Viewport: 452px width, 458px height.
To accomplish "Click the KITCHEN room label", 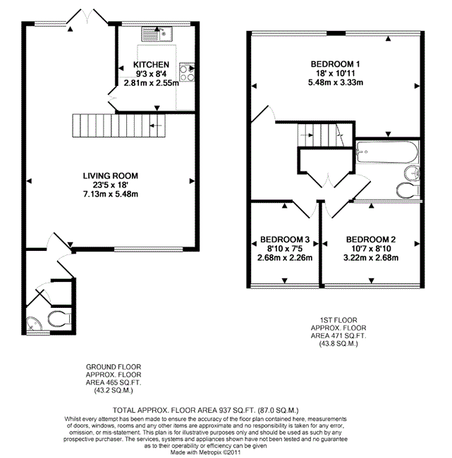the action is tap(151, 65).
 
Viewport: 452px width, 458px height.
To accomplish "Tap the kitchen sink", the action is tap(157, 34).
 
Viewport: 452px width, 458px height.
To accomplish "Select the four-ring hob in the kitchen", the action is tap(187, 72).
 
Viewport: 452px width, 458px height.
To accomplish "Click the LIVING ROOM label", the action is tap(110, 176).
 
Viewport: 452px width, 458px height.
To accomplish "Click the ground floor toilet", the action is tap(60, 318).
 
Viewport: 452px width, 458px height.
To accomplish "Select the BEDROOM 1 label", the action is tap(336, 64).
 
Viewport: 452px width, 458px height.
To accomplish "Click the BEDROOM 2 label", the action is tap(371, 240).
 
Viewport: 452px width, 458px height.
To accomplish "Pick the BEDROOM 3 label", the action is tap(285, 240).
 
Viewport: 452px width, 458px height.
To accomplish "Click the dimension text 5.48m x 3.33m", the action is tap(336, 82).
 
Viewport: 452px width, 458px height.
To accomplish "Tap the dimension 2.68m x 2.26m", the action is tap(285, 258).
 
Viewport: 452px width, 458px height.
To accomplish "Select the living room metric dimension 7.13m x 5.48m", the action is tap(111, 194).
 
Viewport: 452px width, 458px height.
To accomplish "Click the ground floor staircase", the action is tap(118, 125).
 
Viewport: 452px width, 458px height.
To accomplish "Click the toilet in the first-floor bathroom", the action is tap(408, 190).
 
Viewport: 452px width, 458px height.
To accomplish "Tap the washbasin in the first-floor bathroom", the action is tap(412, 173).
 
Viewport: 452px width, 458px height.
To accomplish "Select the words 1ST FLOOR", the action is tap(338, 320).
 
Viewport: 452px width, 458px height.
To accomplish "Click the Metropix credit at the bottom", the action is tap(205, 452).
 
